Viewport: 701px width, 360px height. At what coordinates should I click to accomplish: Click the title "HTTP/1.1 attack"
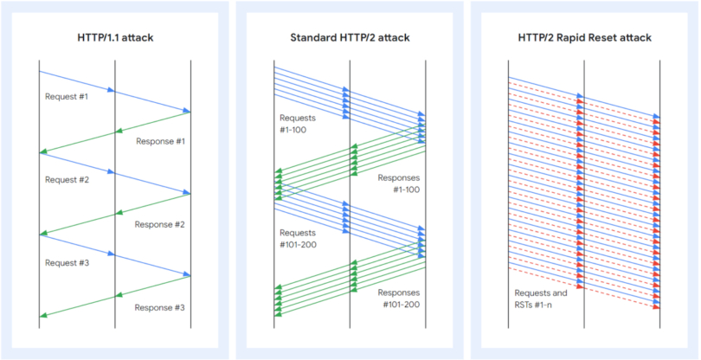[115, 38]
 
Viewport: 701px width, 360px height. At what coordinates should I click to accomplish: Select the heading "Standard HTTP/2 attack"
[350, 38]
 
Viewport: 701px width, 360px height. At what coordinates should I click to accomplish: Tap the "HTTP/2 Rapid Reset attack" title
[584, 38]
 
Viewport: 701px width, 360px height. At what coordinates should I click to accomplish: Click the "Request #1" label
[67, 96]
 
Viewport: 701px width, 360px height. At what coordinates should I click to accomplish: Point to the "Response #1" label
[161, 140]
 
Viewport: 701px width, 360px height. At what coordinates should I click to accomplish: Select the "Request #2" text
[67, 180]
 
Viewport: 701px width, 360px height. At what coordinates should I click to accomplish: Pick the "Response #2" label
[161, 224]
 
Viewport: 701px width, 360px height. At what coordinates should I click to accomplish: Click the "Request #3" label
[67, 262]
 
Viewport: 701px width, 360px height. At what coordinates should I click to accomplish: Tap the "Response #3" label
[161, 307]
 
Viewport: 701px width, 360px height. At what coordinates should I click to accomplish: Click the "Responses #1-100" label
[400, 183]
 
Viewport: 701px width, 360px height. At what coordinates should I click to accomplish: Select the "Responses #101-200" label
[400, 299]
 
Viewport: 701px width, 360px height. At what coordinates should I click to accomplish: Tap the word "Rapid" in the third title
[581, 38]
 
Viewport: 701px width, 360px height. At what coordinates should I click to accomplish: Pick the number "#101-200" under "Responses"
[400, 305]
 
